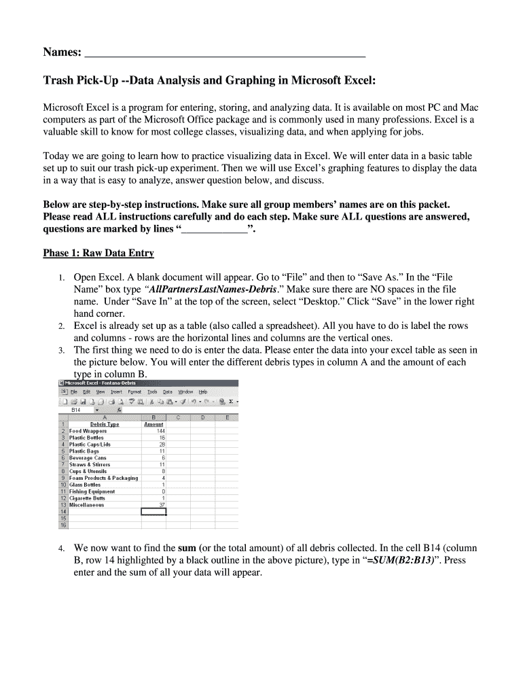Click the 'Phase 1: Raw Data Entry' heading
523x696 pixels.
tap(98, 254)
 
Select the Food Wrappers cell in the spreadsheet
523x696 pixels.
tap(88, 431)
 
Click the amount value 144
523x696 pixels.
tap(160, 431)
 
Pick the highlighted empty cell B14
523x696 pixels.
tap(154, 512)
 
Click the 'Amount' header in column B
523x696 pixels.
tap(154, 424)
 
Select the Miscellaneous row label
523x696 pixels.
tap(86, 505)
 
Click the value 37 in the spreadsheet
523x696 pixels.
tap(161, 505)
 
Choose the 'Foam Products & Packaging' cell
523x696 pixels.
tap(103, 478)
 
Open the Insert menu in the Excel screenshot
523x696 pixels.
tap(116, 392)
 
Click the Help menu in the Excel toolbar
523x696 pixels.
tap(203, 392)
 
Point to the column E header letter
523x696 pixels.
tap(227, 417)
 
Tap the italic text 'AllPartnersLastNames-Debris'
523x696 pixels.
tap(211, 289)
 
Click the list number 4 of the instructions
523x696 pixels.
tap(60, 549)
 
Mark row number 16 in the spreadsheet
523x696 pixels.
tap(63, 525)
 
